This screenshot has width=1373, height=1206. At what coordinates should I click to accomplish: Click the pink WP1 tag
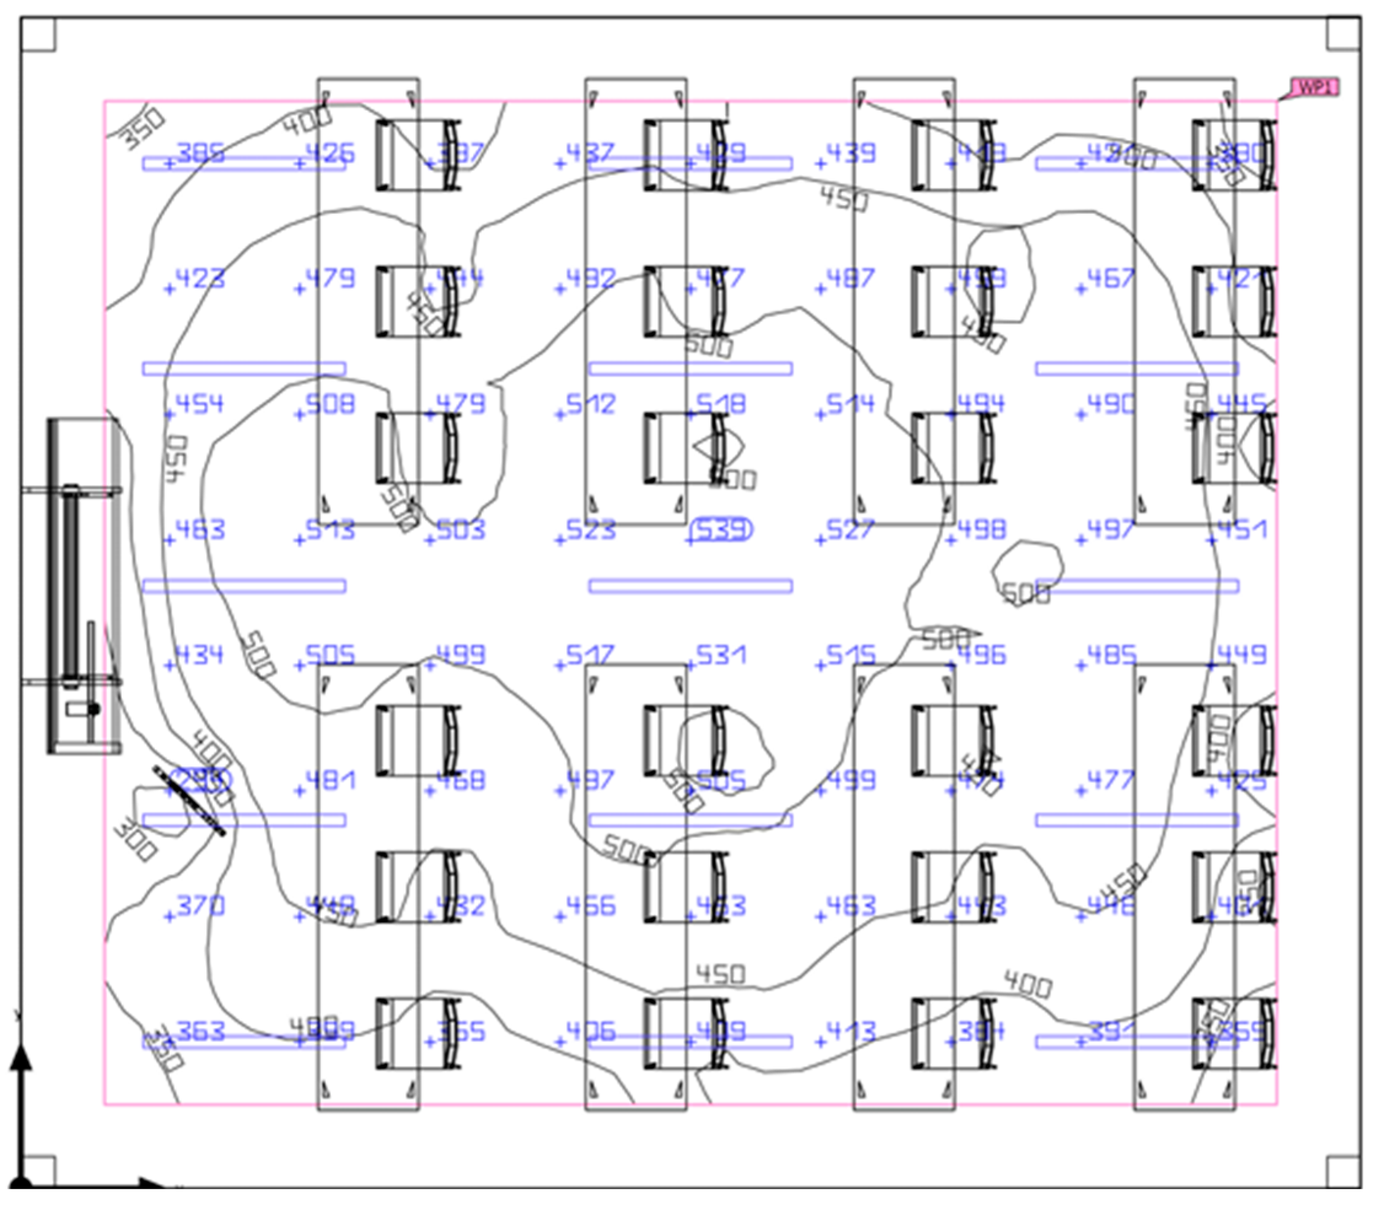coord(1315,88)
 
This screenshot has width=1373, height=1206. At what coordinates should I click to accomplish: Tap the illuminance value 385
coord(200,153)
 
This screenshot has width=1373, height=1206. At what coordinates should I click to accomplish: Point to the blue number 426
coord(330,153)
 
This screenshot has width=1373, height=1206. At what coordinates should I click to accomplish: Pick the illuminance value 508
coord(330,404)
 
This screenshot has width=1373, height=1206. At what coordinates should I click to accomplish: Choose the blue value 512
coord(590,404)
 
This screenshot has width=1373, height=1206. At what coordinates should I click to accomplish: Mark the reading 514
coord(850,404)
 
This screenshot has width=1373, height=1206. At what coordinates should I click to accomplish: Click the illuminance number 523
coord(590,531)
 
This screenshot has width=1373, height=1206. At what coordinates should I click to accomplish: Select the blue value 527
coord(850,531)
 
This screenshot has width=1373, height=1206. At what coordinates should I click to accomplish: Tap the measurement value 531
coord(721,655)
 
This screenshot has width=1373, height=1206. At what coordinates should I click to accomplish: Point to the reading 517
coord(590,655)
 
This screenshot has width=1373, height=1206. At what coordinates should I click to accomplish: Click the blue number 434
coord(199,655)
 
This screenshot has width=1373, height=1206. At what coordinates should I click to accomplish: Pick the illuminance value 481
coord(330,780)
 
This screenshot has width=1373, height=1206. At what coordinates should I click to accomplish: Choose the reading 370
coord(200,906)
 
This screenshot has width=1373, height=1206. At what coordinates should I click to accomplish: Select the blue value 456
coord(590,906)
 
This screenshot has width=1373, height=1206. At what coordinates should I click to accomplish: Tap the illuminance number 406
coord(590,1032)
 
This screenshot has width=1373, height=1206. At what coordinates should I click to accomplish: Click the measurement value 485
coord(1111,655)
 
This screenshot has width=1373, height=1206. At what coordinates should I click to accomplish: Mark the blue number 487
coord(850,278)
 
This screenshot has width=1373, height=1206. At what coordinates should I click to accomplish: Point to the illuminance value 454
coord(199,404)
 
